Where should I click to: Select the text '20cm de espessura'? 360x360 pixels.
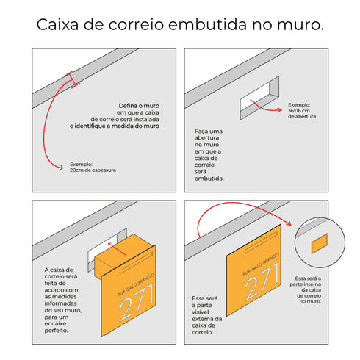click(x=93, y=170)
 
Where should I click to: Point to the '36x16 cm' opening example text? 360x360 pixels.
click(x=302, y=111)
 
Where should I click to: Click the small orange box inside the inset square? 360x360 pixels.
click(x=320, y=245)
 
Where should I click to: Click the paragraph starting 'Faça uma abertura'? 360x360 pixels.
click(x=212, y=154)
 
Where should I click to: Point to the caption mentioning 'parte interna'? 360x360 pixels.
click(x=319, y=291)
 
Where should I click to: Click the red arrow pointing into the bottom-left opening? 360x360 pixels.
click(x=110, y=247)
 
